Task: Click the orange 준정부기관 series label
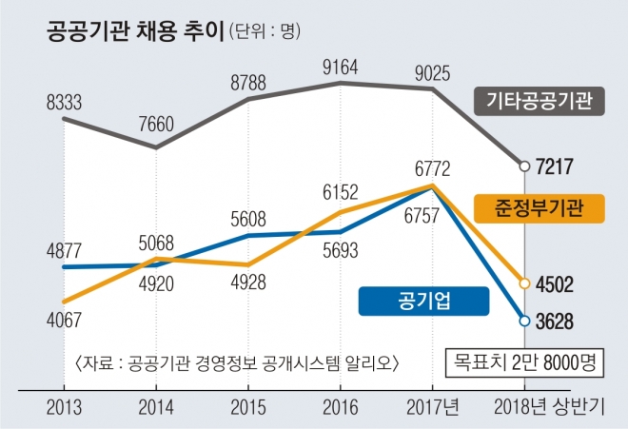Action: (539, 205)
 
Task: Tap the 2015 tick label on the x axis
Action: (248, 406)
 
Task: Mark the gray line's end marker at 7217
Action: (523, 166)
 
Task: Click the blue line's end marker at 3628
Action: (523, 321)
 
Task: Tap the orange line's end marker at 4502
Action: (523, 283)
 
